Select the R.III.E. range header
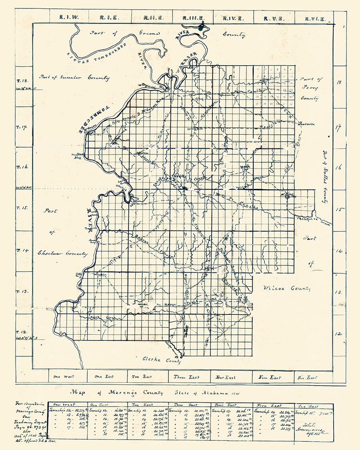click(x=193, y=18)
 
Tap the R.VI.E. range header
click(x=314, y=18)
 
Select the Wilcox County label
click(x=287, y=288)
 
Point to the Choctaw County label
click(x=62, y=253)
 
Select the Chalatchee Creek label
click(x=314, y=220)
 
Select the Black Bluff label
click(x=76, y=156)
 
